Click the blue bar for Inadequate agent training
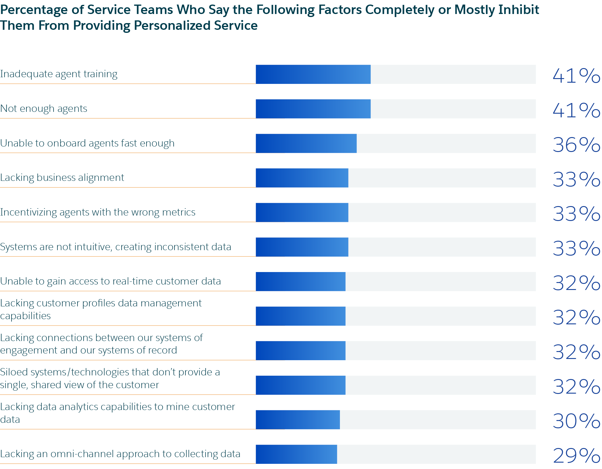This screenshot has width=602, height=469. pyautogui.click(x=313, y=74)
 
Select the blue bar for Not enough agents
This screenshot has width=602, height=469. pyautogui.click(x=313, y=109)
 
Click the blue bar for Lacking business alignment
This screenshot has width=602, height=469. pyautogui.click(x=302, y=178)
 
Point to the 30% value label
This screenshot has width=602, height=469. pyautogui.click(x=576, y=421)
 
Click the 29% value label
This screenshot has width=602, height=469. pyautogui.click(x=576, y=456)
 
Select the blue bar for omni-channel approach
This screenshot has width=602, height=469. pyautogui.click(x=296, y=454)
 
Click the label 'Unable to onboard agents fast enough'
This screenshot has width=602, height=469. pyautogui.click(x=87, y=143)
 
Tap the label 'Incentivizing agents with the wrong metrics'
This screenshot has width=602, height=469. pyautogui.click(x=98, y=212)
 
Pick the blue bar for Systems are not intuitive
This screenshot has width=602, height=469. pyautogui.click(x=302, y=247)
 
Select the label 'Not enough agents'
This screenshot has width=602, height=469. pyautogui.click(x=44, y=109)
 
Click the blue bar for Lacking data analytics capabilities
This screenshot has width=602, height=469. pyautogui.click(x=298, y=420)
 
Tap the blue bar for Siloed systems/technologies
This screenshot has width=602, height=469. pyautogui.click(x=300, y=385)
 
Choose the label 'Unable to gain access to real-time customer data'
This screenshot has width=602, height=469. pyautogui.click(x=110, y=281)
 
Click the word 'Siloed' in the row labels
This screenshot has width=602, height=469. pyautogui.click(x=14, y=372)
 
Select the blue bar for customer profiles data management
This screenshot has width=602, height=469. pyautogui.click(x=300, y=316)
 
